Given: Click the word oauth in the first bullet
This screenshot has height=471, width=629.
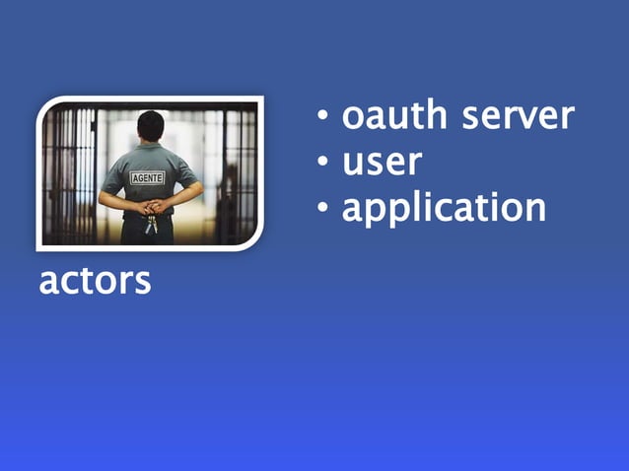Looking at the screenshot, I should (387, 116).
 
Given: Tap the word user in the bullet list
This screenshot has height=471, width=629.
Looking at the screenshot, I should (383, 162).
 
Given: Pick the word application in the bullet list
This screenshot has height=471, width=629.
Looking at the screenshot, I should (444, 209).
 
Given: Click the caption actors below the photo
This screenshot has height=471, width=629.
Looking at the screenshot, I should (95, 281).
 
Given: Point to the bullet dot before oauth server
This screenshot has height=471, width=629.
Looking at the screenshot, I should (322, 118).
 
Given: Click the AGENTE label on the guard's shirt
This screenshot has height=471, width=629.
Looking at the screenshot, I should (148, 177).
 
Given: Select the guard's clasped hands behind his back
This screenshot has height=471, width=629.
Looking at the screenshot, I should (151, 207).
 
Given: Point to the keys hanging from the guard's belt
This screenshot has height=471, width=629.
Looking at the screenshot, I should (150, 226).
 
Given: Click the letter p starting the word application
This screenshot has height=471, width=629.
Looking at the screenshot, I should (381, 211).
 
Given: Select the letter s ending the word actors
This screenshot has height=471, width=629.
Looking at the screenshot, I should (143, 282).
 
